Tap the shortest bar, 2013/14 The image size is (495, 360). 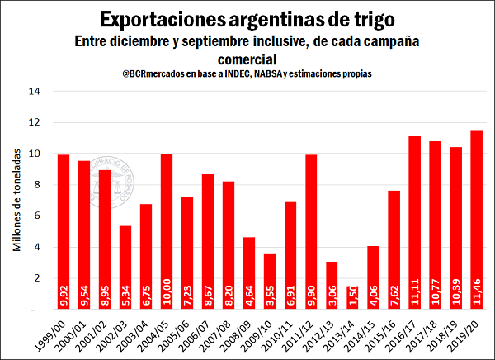pos(352,297)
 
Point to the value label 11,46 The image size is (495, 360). pos(477,291)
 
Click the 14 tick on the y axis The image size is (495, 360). pos(35,91)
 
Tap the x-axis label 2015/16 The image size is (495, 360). pos(387,330)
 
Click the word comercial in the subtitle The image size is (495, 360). pos(247,59)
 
